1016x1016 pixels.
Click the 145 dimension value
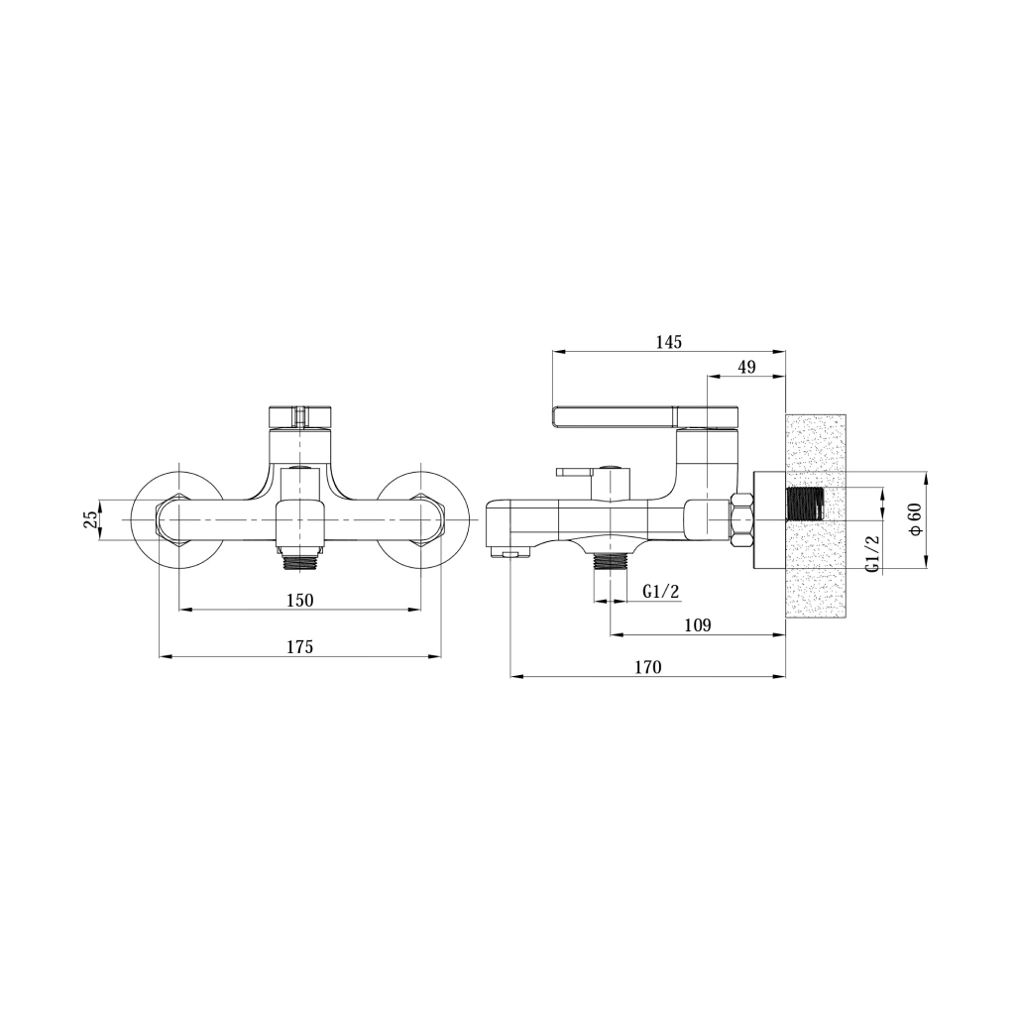coord(669,342)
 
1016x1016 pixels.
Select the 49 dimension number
coord(747,367)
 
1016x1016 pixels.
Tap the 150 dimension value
coord(300,600)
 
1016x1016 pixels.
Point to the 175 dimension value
coord(300,646)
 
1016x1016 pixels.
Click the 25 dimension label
coord(92,519)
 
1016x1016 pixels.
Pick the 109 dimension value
coord(698,625)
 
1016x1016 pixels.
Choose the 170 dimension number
coord(648,667)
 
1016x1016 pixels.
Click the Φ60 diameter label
coord(916,519)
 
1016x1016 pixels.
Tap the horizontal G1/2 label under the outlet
coord(661,591)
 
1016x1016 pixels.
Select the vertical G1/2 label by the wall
coord(872,553)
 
